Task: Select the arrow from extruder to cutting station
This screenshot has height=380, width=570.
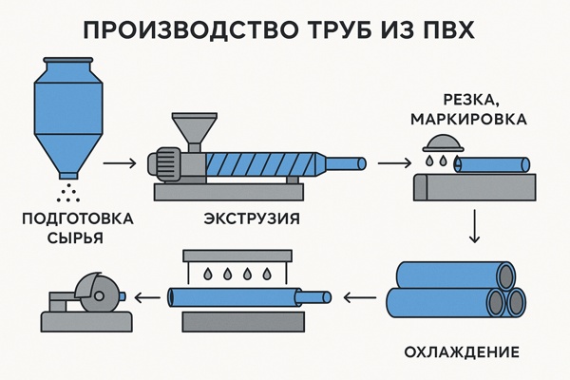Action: click(391, 163)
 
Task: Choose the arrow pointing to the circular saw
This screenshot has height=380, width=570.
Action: click(145, 296)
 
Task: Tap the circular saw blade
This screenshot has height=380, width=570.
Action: click(96, 289)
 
